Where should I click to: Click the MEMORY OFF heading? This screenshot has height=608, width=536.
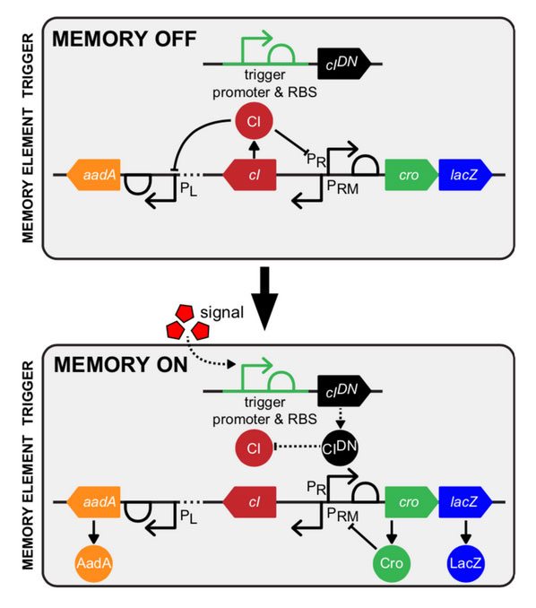coord(125,39)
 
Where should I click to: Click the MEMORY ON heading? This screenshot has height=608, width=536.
coord(120,365)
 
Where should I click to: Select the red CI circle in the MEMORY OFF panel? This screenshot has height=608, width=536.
coord(254,121)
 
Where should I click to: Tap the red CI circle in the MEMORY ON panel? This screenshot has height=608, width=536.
coord(254,447)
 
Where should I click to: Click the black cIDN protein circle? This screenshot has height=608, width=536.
coord(340,447)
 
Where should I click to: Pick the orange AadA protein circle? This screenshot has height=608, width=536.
coord(94,563)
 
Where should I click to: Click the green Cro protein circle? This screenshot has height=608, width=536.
coord(392,563)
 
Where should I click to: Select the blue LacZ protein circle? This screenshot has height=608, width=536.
coord(466,563)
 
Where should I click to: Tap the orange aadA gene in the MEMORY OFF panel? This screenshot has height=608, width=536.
coord(93,175)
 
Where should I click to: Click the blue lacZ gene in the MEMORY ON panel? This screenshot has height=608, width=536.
coord(465,502)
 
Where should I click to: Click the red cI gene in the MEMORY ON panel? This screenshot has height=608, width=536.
coord(249,502)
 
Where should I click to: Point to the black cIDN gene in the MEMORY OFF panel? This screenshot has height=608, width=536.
coord(344,64)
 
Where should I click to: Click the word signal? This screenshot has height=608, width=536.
coord(221,313)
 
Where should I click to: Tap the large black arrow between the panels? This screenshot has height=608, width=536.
coord(264,299)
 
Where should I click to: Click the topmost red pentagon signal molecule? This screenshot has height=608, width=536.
coord(185,313)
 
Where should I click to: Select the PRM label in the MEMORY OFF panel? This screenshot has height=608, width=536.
coord(342,187)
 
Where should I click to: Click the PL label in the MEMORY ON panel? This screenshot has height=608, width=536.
coord(189,517)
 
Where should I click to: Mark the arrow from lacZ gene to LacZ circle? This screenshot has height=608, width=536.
coord(466,531)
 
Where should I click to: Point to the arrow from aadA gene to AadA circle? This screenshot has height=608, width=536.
coord(94,531)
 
